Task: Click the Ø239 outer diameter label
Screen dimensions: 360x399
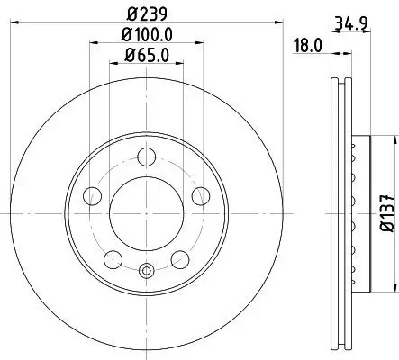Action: coord(145,14)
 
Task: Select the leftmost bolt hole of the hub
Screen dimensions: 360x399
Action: coord(91,194)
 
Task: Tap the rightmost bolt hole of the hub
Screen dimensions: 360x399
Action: coord(201,194)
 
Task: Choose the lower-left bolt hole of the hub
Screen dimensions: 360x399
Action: coord(113,259)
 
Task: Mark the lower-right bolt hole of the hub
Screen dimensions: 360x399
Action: coord(179,259)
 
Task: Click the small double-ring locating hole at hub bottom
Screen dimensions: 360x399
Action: coord(146,269)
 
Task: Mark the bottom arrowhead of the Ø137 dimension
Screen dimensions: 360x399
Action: coord(392,290)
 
